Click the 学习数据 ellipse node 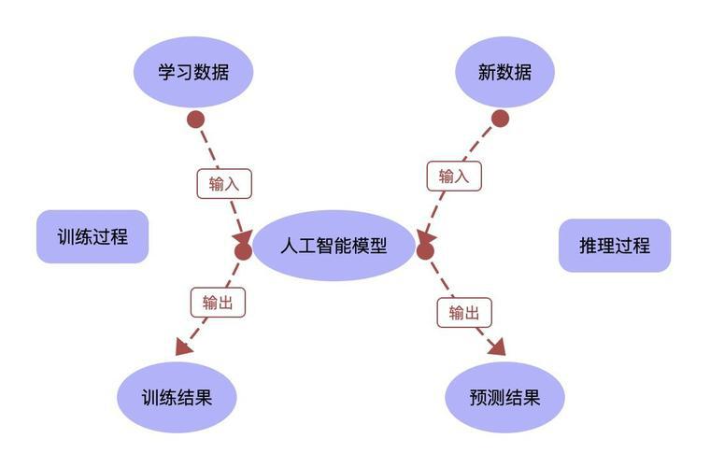pos(193,71)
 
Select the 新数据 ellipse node pos(504,71)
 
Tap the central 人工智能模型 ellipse pos(334,246)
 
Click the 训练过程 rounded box pos(92,236)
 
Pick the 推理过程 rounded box pos(615,246)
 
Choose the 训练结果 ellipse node pos(177,397)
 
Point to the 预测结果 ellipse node pos(504,397)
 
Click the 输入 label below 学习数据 pos(224,183)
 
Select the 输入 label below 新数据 pos(454,175)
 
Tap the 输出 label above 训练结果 pos(218,302)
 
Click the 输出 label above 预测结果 pos(463,312)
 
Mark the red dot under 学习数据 pos(194,119)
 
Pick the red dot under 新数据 pos(500,118)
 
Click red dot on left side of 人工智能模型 pos(243,250)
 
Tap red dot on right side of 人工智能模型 pos(425,250)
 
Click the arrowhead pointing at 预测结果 pos(496,347)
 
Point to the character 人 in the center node pos(289,246)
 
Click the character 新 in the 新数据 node pos(486,71)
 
